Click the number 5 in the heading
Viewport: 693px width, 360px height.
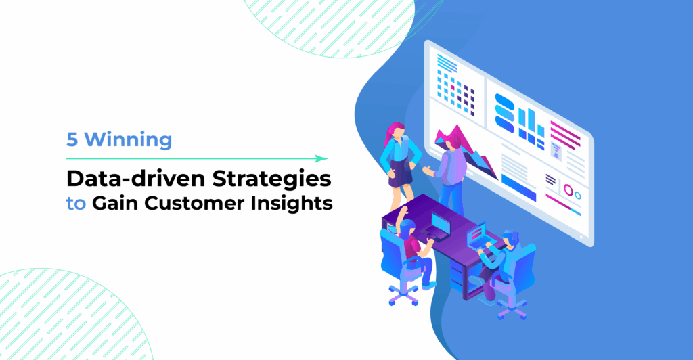pos(72,139)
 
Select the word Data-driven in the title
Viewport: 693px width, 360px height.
pos(135,179)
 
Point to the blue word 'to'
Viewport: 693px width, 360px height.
pos(76,204)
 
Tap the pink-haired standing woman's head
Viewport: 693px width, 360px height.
pos(397,131)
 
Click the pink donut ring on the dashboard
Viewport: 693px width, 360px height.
pos(568,190)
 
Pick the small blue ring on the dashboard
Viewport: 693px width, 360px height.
pos(577,196)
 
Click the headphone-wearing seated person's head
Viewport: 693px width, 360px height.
pos(511,241)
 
